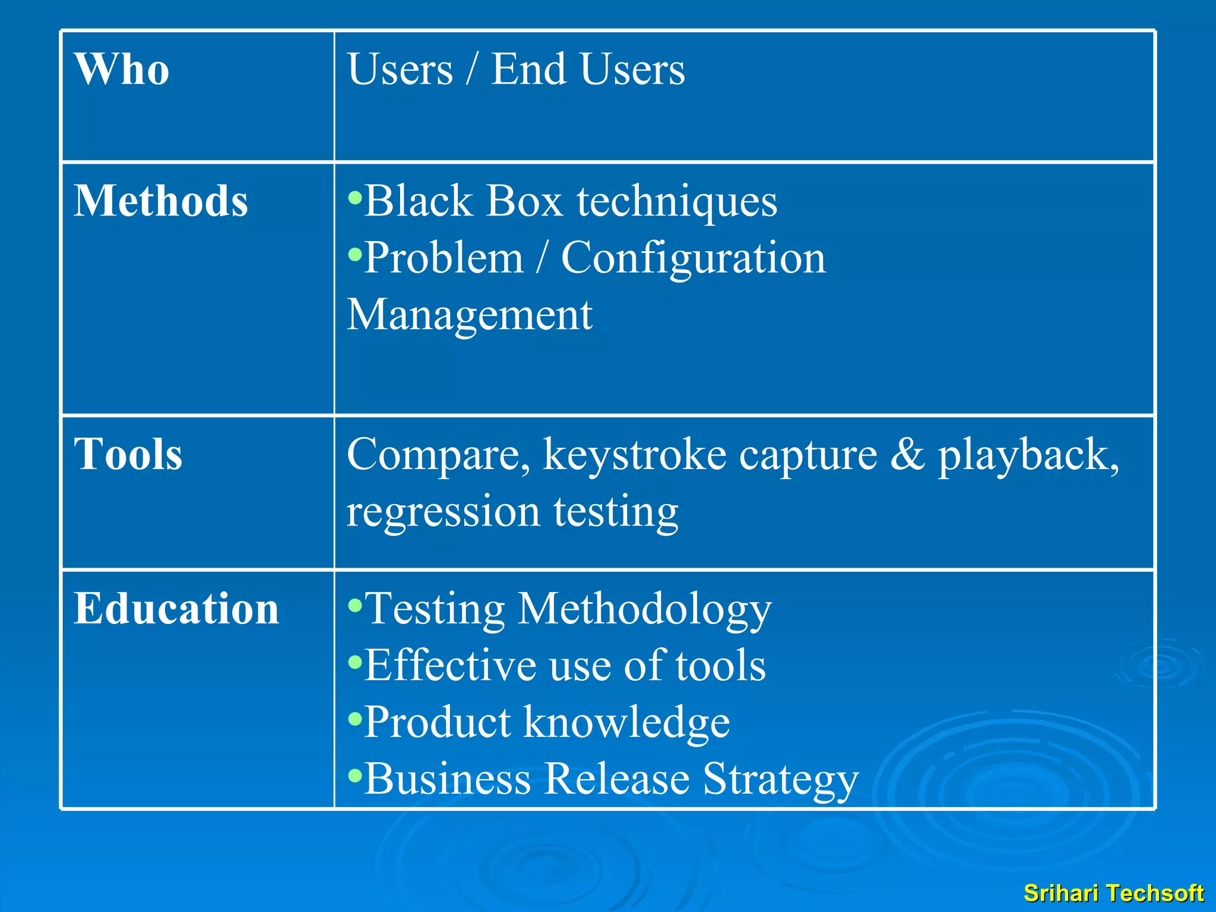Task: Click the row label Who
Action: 122,69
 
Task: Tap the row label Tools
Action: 128,454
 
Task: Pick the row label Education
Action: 176,609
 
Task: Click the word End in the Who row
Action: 528,69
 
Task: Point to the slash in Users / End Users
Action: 471,69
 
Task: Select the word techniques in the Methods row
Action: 677,202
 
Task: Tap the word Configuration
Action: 693,259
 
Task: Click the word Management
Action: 469,315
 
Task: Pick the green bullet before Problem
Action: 354,255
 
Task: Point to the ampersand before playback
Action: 907,454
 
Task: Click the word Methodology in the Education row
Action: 644,610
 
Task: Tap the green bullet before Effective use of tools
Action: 354,661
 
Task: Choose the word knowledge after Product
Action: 626,723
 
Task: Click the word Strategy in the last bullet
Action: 781,780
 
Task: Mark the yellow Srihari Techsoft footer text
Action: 1113,893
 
